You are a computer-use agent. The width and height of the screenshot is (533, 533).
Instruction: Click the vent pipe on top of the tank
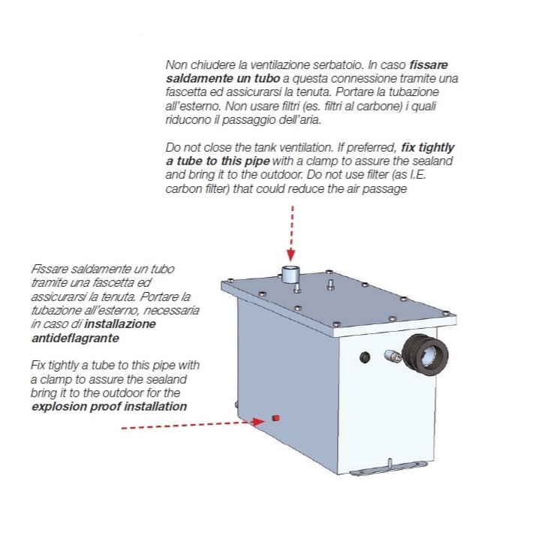[291, 275]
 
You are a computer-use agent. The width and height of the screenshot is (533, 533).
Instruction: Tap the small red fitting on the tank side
[276, 418]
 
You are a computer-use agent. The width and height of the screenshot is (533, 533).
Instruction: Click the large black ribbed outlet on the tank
[425, 355]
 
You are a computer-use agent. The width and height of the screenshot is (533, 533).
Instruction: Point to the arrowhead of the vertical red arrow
[291, 254]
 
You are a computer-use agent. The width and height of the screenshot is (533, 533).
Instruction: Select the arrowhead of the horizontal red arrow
[258, 422]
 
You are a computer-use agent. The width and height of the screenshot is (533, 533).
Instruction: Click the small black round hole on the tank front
[365, 357]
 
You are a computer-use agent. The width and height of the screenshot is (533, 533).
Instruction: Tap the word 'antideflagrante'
[75, 339]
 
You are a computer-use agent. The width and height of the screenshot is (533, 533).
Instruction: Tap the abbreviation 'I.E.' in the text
[418, 175]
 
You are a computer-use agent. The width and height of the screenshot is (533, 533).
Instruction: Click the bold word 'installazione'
[120, 324]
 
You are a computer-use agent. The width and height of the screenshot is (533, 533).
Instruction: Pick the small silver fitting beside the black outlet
[393, 357]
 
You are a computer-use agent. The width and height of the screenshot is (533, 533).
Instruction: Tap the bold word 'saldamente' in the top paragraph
[197, 79]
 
